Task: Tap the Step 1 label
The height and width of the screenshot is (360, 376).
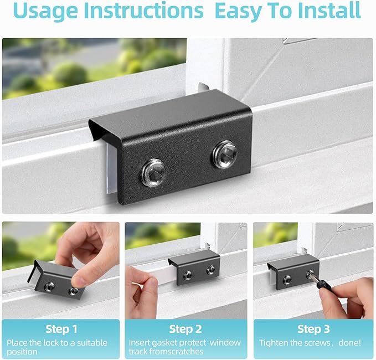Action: [61, 329]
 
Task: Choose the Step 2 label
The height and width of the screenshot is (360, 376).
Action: [185, 329]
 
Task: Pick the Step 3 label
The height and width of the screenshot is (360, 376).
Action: [313, 329]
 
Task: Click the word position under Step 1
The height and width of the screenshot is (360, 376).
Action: [23, 352]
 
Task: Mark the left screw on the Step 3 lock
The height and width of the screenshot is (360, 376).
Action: [287, 280]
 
